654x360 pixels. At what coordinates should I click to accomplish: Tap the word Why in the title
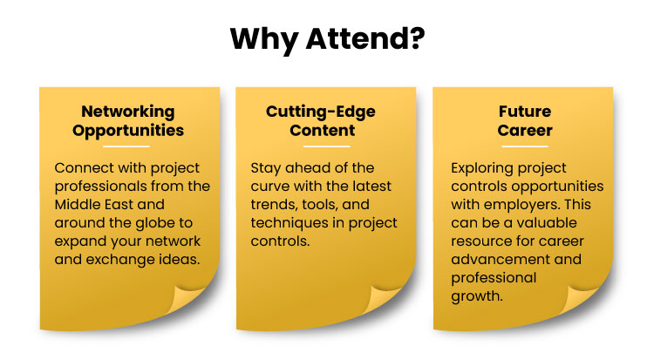(263, 40)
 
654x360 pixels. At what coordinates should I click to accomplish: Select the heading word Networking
(128, 112)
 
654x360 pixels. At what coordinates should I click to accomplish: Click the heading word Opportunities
(128, 131)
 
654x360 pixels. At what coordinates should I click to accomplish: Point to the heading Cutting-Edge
(321, 112)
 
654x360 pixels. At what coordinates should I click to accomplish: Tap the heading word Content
(323, 131)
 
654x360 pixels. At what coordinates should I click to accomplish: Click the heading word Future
(525, 112)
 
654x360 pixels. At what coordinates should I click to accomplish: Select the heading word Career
(525, 131)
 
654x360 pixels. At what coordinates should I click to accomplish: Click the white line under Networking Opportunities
(126, 146)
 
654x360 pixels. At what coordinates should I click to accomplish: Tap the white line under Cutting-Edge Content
(327, 146)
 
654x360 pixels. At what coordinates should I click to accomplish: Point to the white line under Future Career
(525, 146)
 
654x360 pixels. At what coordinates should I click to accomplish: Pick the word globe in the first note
(151, 223)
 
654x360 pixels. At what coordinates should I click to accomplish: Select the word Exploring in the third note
(479, 168)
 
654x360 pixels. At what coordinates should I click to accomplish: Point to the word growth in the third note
(477, 296)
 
